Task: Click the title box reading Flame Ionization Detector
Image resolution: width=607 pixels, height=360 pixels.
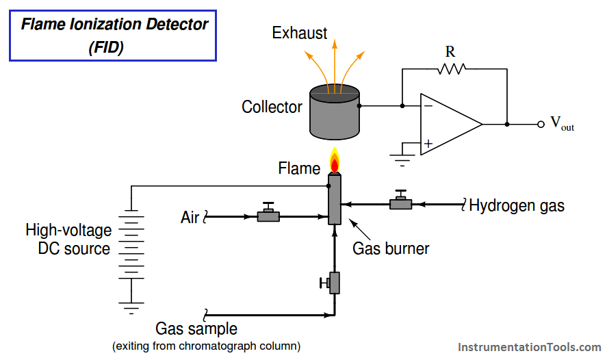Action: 113,36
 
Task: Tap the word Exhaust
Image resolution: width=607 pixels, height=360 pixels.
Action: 300,32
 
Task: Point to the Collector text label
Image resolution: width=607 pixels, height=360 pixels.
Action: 272,107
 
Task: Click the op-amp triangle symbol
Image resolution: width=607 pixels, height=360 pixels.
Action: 448,125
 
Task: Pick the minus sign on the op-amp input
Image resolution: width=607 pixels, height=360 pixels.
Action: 428,106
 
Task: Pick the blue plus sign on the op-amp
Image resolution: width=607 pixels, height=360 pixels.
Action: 428,143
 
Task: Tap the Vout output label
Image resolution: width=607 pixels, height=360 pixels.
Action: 562,125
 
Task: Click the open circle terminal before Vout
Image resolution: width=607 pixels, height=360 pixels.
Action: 541,125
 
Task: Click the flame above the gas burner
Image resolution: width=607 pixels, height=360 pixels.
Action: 334,162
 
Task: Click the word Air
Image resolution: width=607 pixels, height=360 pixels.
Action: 190,218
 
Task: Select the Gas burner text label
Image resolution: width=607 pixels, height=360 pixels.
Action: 391,248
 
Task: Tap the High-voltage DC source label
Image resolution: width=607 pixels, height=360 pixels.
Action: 68,239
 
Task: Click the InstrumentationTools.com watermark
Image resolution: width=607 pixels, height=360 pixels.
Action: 528,348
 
